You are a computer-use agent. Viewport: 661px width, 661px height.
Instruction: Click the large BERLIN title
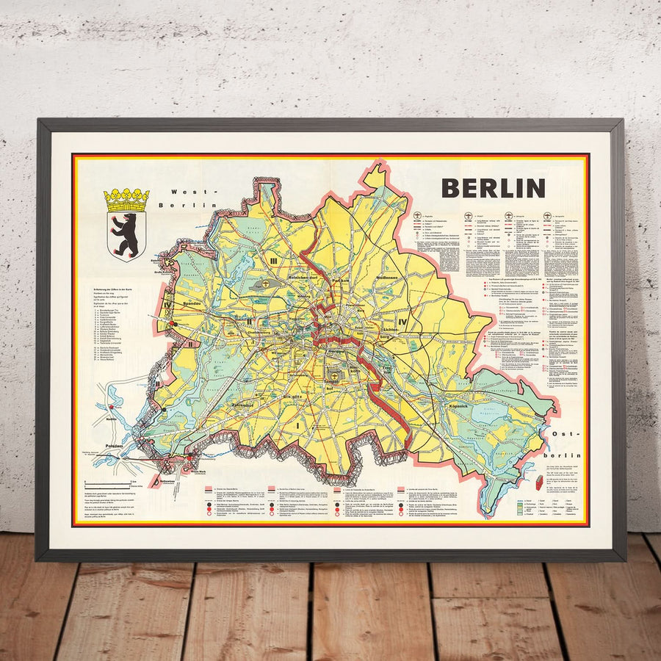click(493, 188)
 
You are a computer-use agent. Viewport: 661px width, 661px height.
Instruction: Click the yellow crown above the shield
click(126, 199)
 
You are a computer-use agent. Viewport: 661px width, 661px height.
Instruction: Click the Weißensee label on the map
click(387, 278)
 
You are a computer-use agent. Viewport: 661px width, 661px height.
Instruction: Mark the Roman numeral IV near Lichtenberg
click(402, 322)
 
